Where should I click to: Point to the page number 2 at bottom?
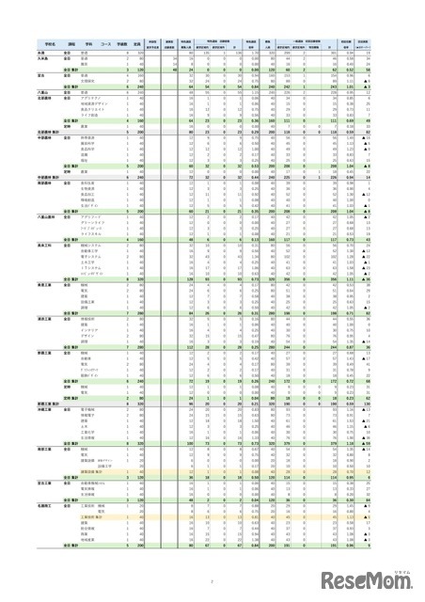click(x=212, y=581)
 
